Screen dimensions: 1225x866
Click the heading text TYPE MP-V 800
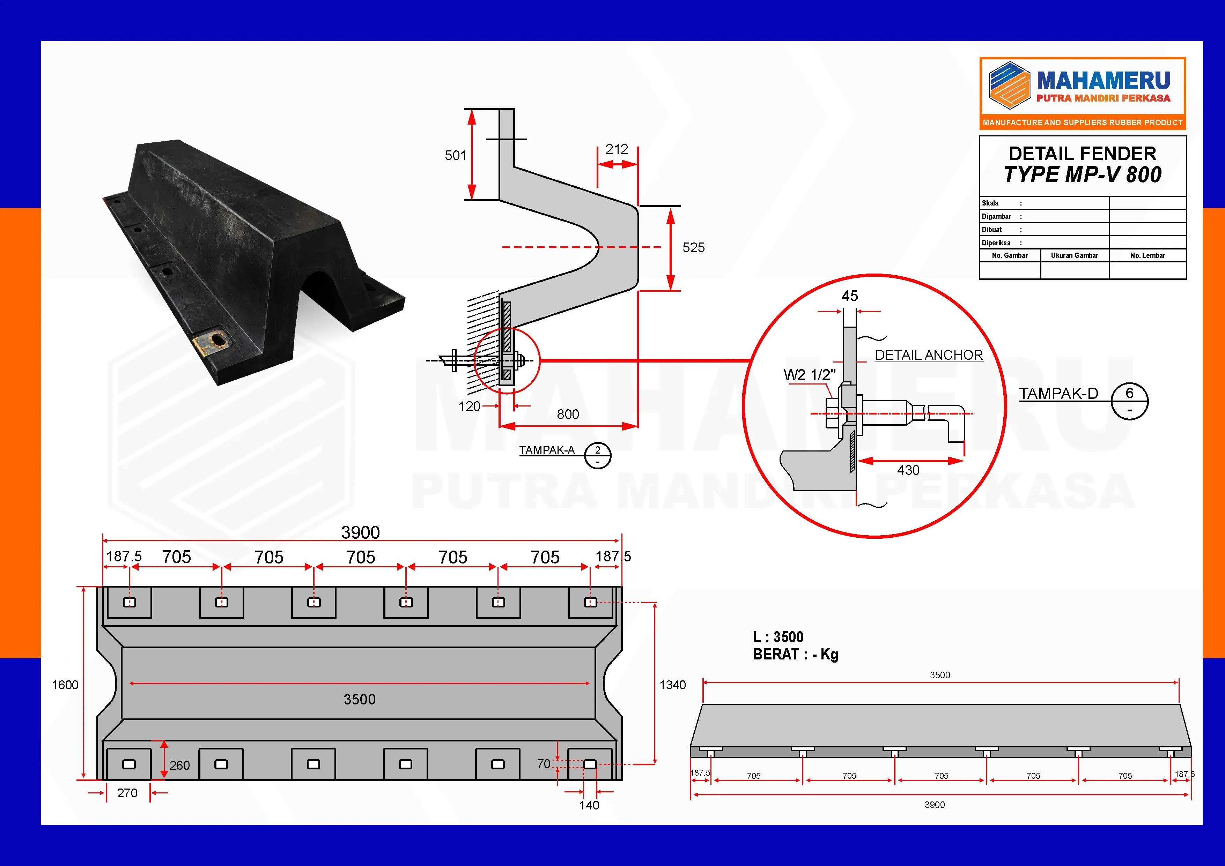(x=1083, y=175)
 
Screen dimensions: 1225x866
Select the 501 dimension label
(x=456, y=156)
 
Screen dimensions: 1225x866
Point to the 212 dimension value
(x=617, y=149)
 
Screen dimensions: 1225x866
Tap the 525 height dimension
(x=694, y=247)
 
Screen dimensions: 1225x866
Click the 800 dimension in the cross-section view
(x=568, y=415)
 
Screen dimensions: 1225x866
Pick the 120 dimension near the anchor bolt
(x=470, y=406)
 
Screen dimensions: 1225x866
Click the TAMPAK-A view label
(x=547, y=450)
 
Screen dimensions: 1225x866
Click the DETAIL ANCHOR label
(x=929, y=355)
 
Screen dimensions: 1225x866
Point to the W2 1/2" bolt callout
(x=809, y=375)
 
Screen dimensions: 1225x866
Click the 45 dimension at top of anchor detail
(x=850, y=296)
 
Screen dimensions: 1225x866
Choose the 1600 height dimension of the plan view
(x=65, y=685)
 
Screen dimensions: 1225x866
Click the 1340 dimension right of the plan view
(x=673, y=685)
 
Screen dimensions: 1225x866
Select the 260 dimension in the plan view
(x=180, y=765)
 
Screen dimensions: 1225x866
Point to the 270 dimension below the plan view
(x=127, y=793)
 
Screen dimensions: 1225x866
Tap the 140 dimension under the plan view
(x=589, y=805)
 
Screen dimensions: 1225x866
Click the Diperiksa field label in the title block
(x=996, y=242)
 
